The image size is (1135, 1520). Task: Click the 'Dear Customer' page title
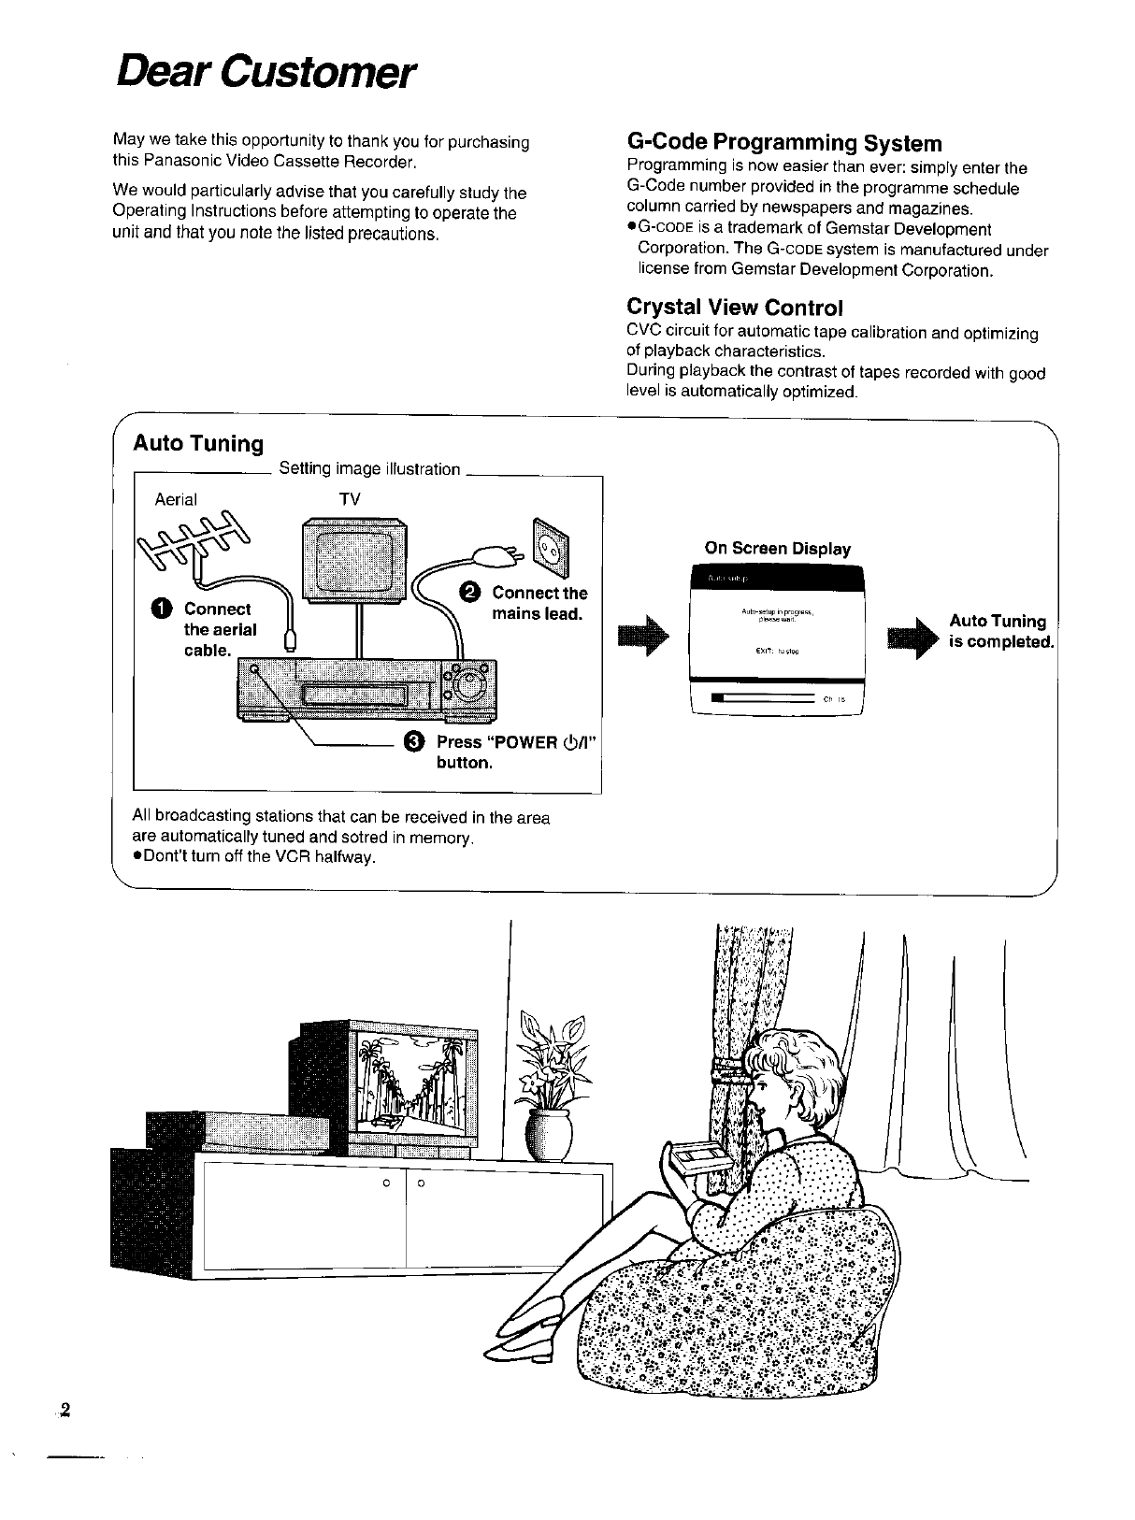264,71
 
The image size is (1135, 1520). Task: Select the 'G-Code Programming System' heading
783,143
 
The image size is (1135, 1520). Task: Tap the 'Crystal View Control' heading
734,308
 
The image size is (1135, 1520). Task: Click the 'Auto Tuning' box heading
198,443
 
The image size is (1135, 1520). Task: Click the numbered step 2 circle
470,593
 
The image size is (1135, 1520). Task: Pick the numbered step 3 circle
414,742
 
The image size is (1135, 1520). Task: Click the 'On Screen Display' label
777,549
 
